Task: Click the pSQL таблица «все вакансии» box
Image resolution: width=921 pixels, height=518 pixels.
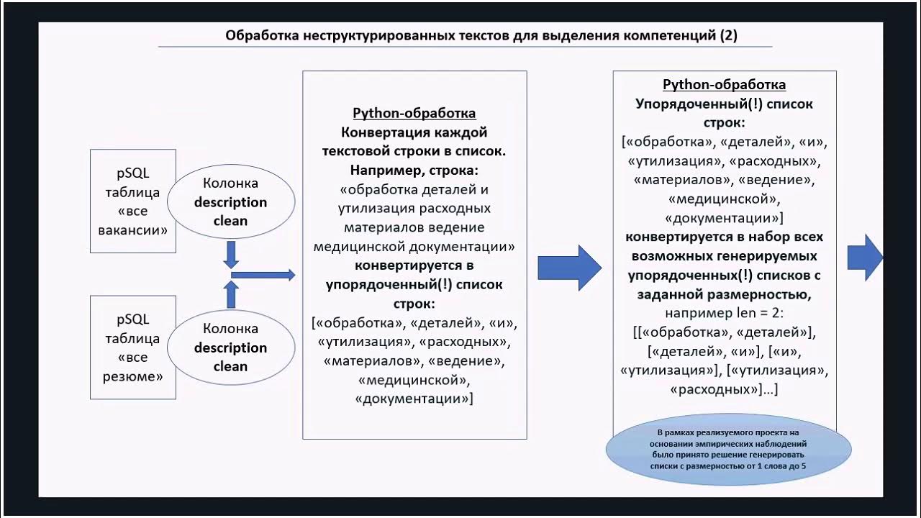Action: coord(133,201)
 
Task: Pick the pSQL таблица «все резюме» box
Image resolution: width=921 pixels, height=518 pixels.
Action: coord(133,347)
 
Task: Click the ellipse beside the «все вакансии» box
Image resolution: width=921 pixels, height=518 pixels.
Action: coord(230,202)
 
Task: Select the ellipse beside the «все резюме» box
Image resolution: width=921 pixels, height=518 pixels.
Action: coord(230,347)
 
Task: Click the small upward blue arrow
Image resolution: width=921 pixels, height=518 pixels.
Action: coord(231,294)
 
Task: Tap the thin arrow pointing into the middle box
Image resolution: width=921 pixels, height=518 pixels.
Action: coord(263,274)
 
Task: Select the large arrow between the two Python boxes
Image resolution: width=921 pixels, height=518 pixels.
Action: coord(569,268)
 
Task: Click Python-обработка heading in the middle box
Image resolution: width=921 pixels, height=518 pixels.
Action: coord(414,114)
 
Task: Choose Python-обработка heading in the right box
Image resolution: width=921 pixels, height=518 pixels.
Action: coord(724,85)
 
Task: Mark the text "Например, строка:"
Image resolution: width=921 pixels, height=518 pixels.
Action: coord(414,171)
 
